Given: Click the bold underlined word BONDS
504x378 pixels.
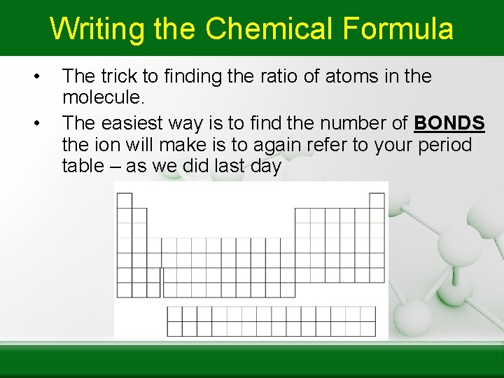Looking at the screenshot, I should click(449, 124).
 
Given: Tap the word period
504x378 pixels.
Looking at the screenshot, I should click(444, 146).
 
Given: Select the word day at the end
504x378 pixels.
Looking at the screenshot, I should click(267, 167).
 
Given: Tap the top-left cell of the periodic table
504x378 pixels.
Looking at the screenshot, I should click(124, 201).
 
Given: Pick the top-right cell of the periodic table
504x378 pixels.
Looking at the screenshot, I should click(377, 201).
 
